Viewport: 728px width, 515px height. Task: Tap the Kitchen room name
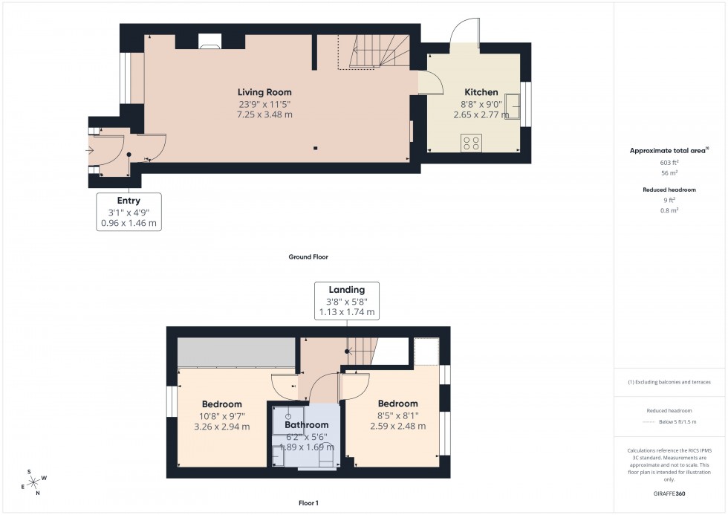coord(481,92)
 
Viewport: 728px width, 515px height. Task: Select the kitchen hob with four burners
coord(471,143)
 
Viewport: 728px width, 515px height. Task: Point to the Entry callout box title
coord(129,201)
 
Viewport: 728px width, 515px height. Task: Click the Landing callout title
coord(346,290)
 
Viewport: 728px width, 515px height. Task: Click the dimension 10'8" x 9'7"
coord(221,416)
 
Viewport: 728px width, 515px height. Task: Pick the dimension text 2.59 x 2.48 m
coord(397,427)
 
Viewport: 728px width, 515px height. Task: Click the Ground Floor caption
coord(308,257)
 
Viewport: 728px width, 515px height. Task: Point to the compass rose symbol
coord(33,482)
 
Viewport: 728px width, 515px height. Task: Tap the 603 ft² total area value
coord(669,163)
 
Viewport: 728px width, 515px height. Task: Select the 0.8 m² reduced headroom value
coord(669,210)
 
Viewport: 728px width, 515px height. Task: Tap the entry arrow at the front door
coord(90,151)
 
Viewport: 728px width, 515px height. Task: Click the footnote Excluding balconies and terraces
coord(669,382)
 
